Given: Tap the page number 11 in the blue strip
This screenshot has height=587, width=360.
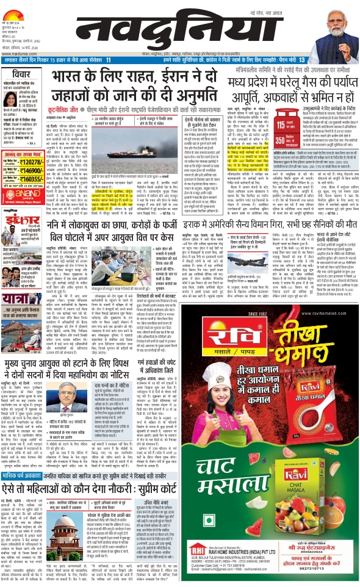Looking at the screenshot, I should [x=108, y=60].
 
